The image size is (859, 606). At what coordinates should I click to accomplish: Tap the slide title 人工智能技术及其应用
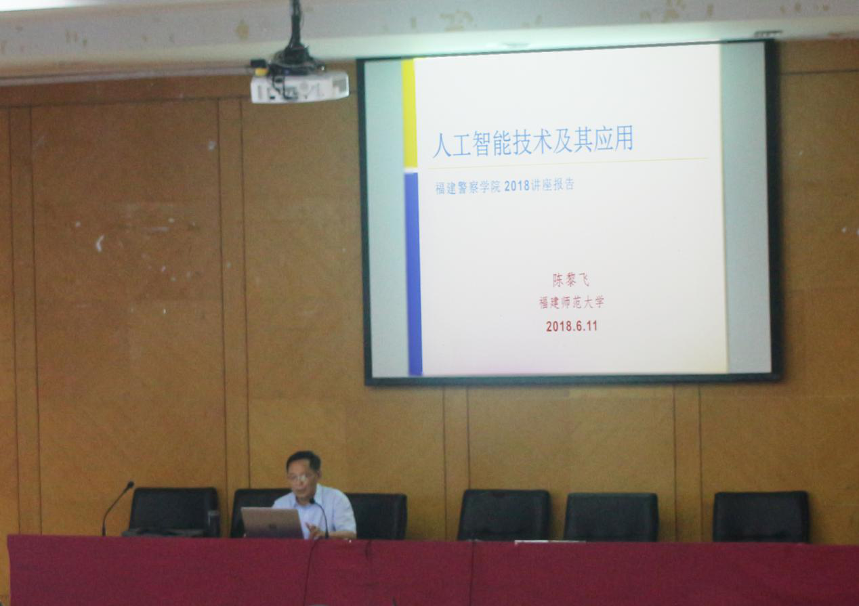tap(532, 141)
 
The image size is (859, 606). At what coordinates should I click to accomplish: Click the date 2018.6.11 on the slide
tap(571, 326)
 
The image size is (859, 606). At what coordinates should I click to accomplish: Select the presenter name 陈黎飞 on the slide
tap(570, 280)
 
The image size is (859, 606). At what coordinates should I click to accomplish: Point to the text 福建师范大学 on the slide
tap(571, 303)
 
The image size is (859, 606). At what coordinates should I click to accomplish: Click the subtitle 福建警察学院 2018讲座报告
tap(505, 186)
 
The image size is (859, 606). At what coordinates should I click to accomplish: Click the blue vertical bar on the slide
tap(413, 274)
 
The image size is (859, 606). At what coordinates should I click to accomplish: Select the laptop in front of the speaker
tap(272, 523)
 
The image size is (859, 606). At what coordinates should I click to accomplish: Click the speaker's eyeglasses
tap(300, 477)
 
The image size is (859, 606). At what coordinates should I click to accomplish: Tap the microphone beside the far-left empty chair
tap(117, 508)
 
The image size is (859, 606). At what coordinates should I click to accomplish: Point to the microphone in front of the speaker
tap(320, 517)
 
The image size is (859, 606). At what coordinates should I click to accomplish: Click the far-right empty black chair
tap(761, 517)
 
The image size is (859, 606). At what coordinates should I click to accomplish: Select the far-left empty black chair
tap(175, 512)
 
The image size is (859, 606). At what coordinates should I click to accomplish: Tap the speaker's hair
tap(303, 460)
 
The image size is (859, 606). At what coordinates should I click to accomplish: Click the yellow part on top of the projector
tap(260, 70)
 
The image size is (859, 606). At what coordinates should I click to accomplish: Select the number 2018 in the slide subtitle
tap(516, 186)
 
